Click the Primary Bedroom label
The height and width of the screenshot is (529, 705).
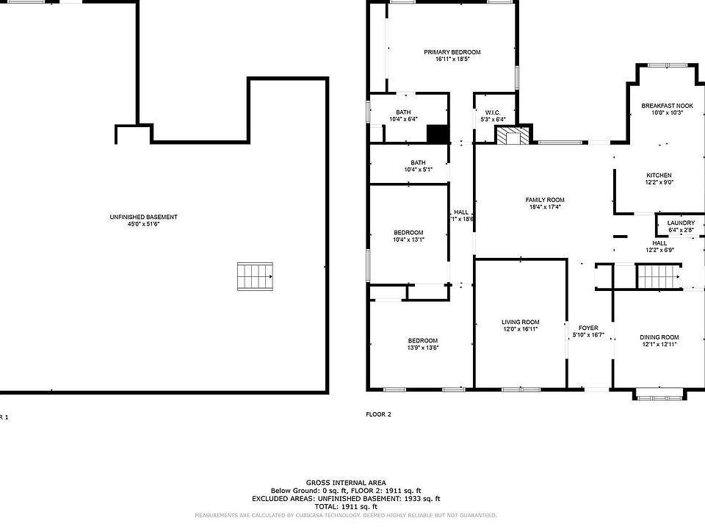pos(452,52)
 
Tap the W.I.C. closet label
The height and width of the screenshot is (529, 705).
pos(492,112)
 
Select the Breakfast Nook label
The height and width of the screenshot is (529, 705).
pos(667,106)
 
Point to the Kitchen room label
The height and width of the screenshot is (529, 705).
pos(659,175)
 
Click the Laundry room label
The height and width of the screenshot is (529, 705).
pos(681,223)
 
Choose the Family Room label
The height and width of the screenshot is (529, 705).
pos(544,200)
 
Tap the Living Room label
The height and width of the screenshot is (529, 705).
pos(520,322)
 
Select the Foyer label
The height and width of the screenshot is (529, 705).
pos(588,328)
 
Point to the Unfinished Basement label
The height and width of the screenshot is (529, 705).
pos(143,217)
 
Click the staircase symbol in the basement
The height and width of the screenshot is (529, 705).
pos(255,277)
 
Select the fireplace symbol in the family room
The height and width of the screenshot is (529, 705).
pos(511,137)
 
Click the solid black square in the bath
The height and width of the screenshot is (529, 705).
pos(438,134)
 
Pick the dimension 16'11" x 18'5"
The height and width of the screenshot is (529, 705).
pos(452,60)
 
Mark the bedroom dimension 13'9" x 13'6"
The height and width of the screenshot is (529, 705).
pos(423,348)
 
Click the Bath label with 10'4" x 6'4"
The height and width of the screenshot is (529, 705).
pos(403,112)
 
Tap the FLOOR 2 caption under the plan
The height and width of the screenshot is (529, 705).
pos(378,414)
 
